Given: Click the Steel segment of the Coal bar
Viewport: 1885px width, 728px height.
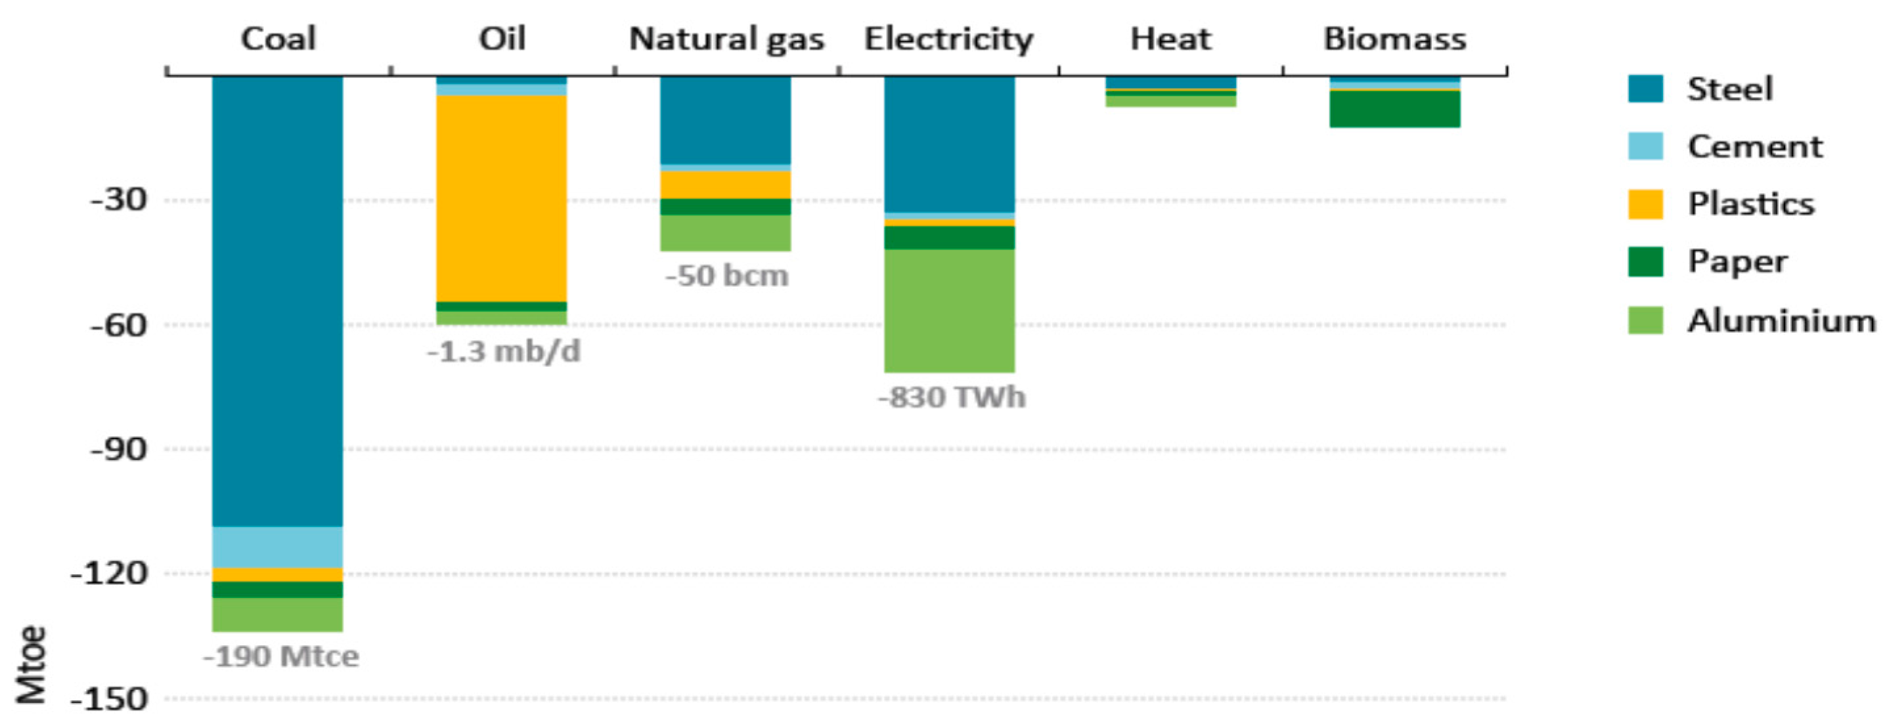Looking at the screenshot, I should (277, 300).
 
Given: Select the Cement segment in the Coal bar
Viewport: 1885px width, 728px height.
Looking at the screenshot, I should (277, 547).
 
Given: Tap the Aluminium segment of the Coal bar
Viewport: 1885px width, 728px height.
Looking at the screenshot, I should (277, 614).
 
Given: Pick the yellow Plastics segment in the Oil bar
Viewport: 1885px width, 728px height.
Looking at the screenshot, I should (501, 198).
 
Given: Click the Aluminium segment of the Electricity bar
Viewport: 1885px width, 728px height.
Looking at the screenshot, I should (949, 311).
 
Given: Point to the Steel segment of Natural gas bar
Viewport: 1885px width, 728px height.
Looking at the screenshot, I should (725, 120).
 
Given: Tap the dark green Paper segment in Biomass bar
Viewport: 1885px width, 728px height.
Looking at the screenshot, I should (1395, 108).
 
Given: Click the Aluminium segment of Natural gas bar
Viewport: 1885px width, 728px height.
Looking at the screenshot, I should (725, 232).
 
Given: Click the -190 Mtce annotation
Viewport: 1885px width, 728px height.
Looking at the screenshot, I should (281, 656).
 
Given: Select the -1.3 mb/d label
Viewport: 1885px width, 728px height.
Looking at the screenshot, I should (504, 352).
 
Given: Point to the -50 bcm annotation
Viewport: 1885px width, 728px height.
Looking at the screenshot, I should (726, 276).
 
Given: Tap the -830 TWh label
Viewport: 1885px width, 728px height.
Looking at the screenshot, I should (951, 397).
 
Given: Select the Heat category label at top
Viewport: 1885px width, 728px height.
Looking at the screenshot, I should (1170, 39).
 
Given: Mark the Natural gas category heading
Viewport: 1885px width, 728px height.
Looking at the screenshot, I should (726, 39).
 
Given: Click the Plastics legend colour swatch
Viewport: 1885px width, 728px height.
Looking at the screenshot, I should (1645, 204).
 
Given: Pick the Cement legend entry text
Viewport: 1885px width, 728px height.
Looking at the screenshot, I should (1754, 146).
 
